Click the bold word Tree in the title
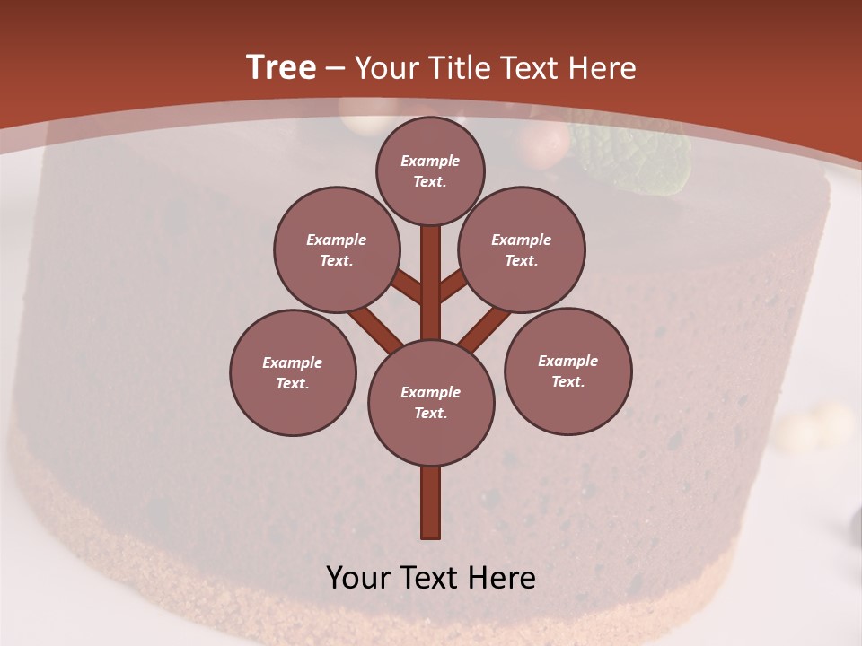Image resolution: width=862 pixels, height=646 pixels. pyautogui.click(x=281, y=67)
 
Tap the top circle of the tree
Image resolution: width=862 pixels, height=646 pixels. pyautogui.click(x=430, y=170)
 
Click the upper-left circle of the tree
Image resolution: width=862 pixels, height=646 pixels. pyautogui.click(x=337, y=249)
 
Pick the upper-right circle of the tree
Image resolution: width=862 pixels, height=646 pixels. pyautogui.click(x=522, y=249)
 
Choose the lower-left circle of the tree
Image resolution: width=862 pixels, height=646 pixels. pyautogui.click(x=293, y=372)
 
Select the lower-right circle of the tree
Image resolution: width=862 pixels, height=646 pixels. pyautogui.click(x=567, y=371)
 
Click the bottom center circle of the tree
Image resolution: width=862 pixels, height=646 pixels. pyautogui.click(x=431, y=402)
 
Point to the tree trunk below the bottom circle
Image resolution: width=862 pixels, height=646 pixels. pyautogui.click(x=431, y=502)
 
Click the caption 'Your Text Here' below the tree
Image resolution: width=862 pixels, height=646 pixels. pyautogui.click(x=431, y=578)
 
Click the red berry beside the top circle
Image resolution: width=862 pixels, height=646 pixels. pyautogui.click(x=544, y=144)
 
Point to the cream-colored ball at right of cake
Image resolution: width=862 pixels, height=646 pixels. pyautogui.click(x=813, y=426)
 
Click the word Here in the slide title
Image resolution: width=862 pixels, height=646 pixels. pyautogui.click(x=603, y=68)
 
